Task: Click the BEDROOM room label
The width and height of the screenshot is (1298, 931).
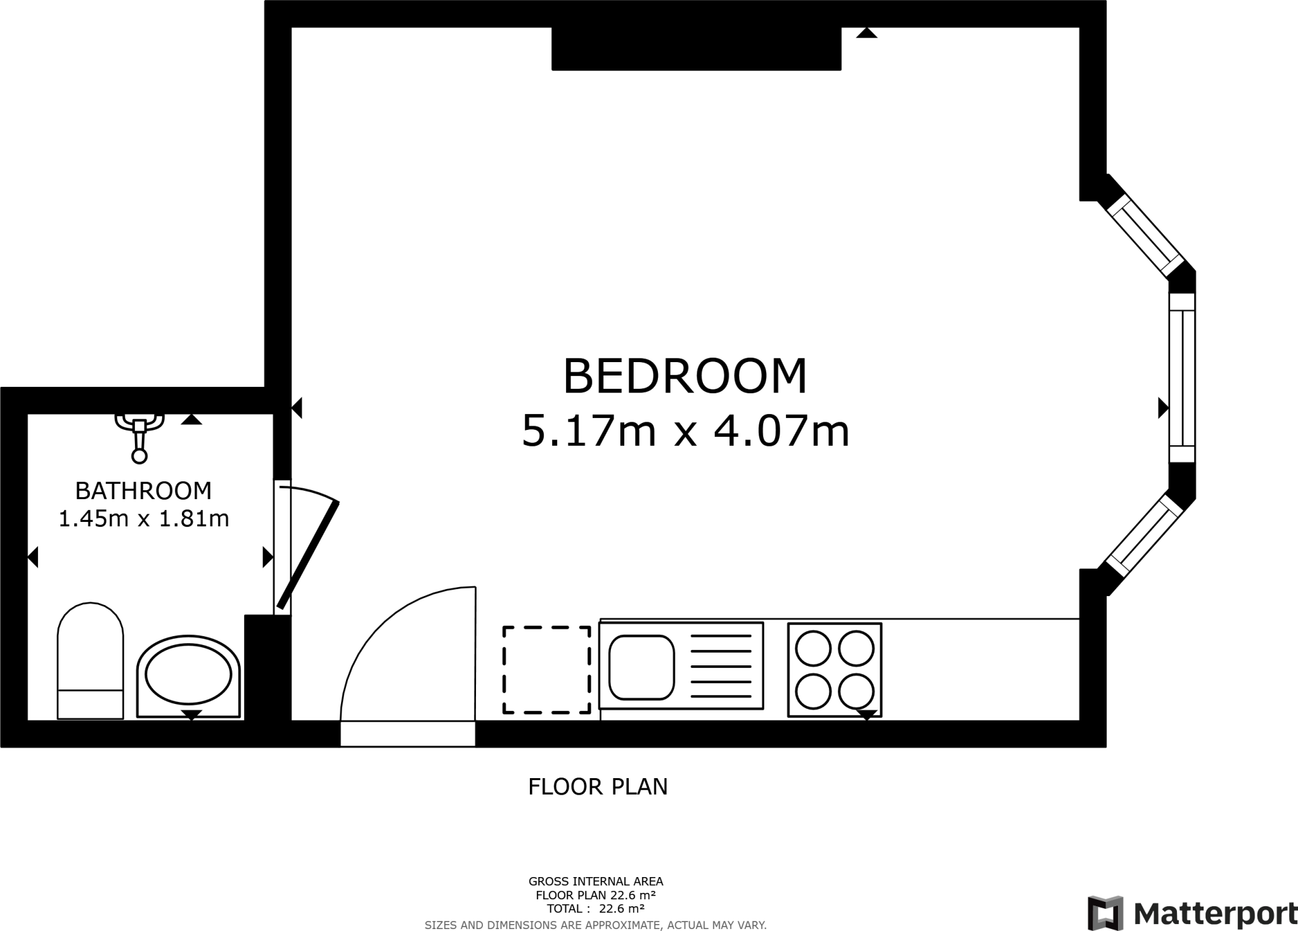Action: pos(684,376)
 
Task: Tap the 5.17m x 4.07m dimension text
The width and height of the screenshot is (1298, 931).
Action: pos(684,431)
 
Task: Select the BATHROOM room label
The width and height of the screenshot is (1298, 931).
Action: pos(143,490)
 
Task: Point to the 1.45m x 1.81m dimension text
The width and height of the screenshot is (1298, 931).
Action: pos(143,519)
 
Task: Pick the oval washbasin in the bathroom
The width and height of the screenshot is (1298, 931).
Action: pos(188,676)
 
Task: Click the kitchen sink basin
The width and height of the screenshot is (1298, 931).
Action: pos(641,667)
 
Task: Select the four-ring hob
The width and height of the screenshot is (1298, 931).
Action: pos(834,670)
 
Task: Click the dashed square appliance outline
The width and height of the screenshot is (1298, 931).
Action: pos(547,670)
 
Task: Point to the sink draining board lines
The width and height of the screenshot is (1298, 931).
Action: pos(721,667)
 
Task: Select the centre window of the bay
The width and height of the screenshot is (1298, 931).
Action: pos(1181,378)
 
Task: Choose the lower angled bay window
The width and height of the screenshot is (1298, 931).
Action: pos(1145,537)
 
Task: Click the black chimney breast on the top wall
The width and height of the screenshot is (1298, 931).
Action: pos(696,48)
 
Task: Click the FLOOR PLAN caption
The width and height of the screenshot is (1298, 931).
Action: pos(598,786)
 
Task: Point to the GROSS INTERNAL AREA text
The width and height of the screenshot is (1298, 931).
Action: pos(596,881)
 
